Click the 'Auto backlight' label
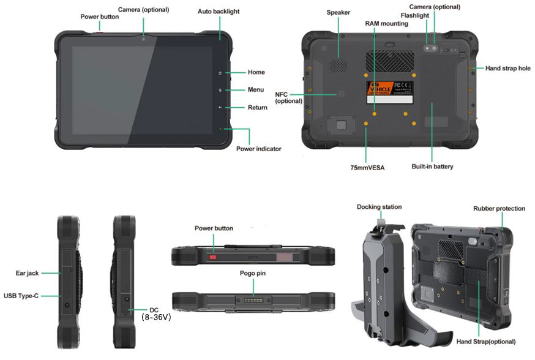tap(219, 12)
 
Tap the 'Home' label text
tap(256, 72)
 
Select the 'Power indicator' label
tap(259, 149)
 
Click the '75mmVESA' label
tap(367, 167)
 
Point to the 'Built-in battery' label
tap(432, 167)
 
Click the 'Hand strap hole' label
tap(507, 69)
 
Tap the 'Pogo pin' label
tap(253, 273)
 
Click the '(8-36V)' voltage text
tap(156, 318)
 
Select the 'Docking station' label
tap(380, 207)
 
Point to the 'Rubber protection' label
tap(499, 209)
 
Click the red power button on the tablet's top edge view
tap(214, 257)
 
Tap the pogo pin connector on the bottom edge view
tap(253, 301)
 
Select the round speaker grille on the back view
tap(340, 64)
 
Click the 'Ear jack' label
tap(27, 273)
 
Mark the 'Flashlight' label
tap(414, 15)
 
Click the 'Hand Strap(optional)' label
tap(485, 341)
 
